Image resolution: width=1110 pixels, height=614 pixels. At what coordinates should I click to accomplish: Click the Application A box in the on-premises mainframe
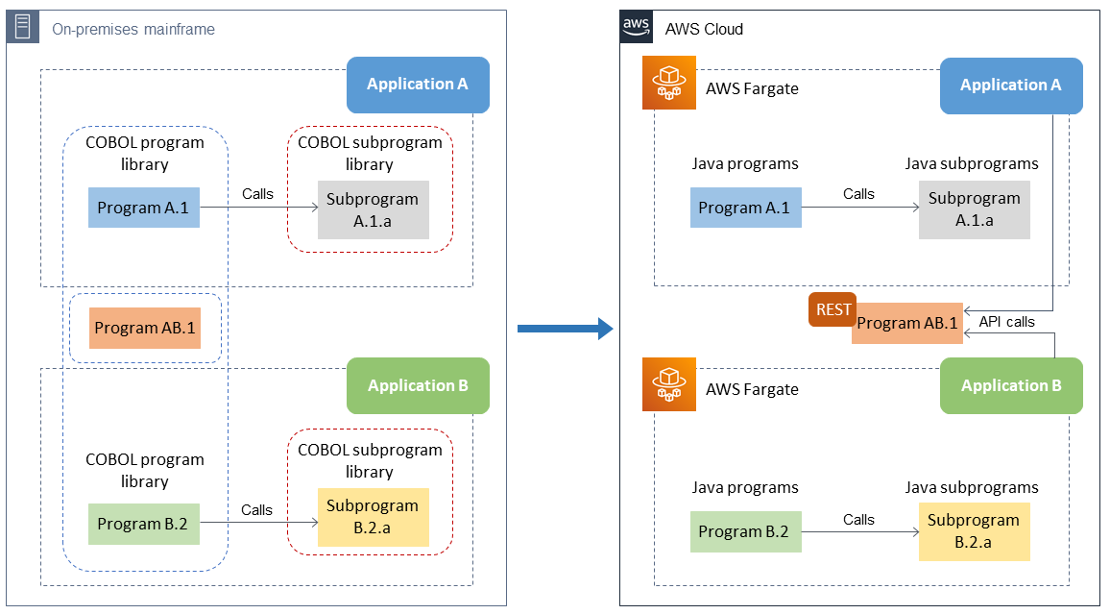[x=418, y=85]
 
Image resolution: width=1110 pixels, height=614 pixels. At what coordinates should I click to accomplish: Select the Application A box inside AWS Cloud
[x=1011, y=86]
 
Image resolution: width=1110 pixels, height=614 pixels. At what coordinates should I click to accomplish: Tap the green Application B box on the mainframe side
[x=418, y=385]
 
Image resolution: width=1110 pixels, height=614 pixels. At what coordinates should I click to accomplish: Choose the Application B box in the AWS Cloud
[x=1011, y=385]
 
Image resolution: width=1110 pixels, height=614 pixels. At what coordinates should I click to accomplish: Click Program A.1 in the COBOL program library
[x=144, y=208]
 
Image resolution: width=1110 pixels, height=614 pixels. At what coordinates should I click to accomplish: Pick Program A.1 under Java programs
[x=745, y=208]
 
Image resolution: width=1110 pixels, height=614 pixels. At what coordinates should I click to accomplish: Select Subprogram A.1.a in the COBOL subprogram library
[x=373, y=209]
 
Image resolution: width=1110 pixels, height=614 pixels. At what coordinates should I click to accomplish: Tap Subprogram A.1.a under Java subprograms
[x=974, y=209]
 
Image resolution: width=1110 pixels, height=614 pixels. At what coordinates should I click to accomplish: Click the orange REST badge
[x=832, y=309]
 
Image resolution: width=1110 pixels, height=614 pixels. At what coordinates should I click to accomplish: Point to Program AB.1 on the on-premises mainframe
[x=144, y=328]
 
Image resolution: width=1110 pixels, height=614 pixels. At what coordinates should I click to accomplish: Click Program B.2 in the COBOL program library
[x=144, y=524]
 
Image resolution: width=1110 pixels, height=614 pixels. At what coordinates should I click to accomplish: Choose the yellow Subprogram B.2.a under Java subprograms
[x=974, y=531]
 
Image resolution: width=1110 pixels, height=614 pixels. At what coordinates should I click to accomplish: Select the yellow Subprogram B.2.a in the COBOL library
[x=373, y=517]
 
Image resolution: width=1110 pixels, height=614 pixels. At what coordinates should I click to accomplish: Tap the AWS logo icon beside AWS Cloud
[x=637, y=27]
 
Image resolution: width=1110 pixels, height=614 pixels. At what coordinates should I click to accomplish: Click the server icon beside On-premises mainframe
[x=23, y=28]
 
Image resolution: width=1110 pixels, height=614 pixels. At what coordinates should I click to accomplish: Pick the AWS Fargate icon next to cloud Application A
[x=668, y=85]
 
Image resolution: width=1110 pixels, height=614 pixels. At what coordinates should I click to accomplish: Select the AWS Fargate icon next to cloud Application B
[x=668, y=385]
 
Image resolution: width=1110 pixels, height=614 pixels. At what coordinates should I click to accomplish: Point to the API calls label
[x=1006, y=322]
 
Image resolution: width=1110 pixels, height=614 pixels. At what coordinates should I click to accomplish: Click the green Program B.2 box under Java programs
[x=745, y=531]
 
